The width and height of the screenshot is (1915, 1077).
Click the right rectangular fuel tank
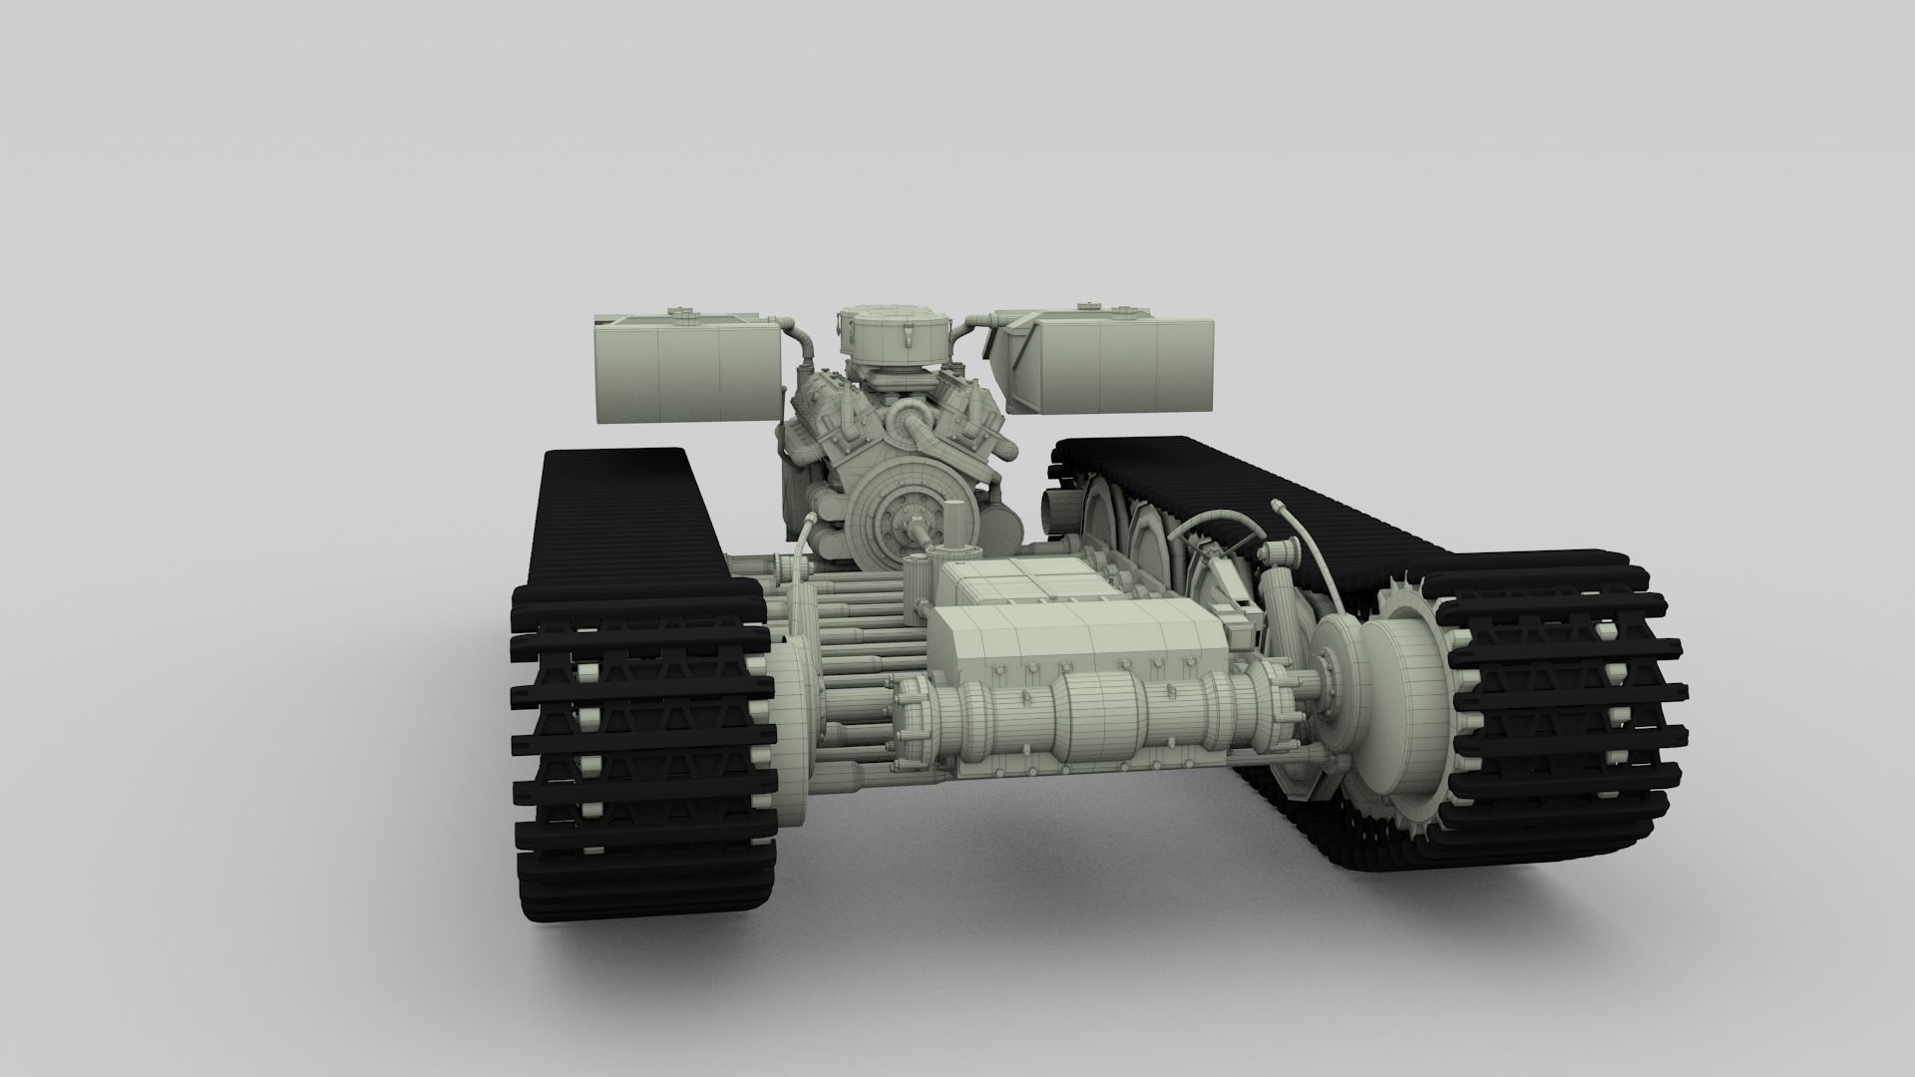[1117, 364]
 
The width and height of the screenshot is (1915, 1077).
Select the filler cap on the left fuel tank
[683, 316]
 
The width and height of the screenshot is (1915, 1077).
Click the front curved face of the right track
[1566, 718]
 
